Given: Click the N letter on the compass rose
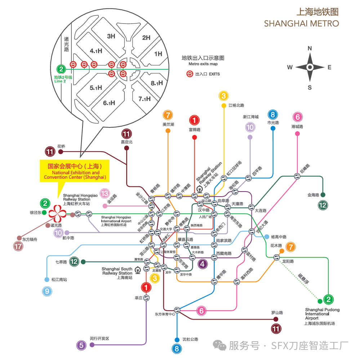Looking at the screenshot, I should click(x=310, y=48).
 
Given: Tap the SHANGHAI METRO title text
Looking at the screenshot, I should click(x=301, y=23).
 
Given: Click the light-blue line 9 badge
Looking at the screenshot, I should click(x=47, y=291).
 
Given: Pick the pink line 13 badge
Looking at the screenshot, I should click(x=105, y=194).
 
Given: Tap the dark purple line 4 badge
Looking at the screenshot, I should click(x=203, y=264).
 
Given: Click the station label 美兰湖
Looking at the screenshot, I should click(x=168, y=124).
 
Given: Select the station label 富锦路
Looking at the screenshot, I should click(x=194, y=129).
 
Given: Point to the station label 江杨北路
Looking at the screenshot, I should click(x=236, y=105).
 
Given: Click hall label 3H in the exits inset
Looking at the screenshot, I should click(x=111, y=36).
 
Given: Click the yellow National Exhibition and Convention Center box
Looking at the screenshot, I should click(x=75, y=171).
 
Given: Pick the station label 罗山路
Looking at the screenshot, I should click(x=277, y=312).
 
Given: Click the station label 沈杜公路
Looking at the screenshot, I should click(x=190, y=339).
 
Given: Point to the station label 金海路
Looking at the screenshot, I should click(x=313, y=195).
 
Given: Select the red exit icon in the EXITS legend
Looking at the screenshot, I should click(x=189, y=74).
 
